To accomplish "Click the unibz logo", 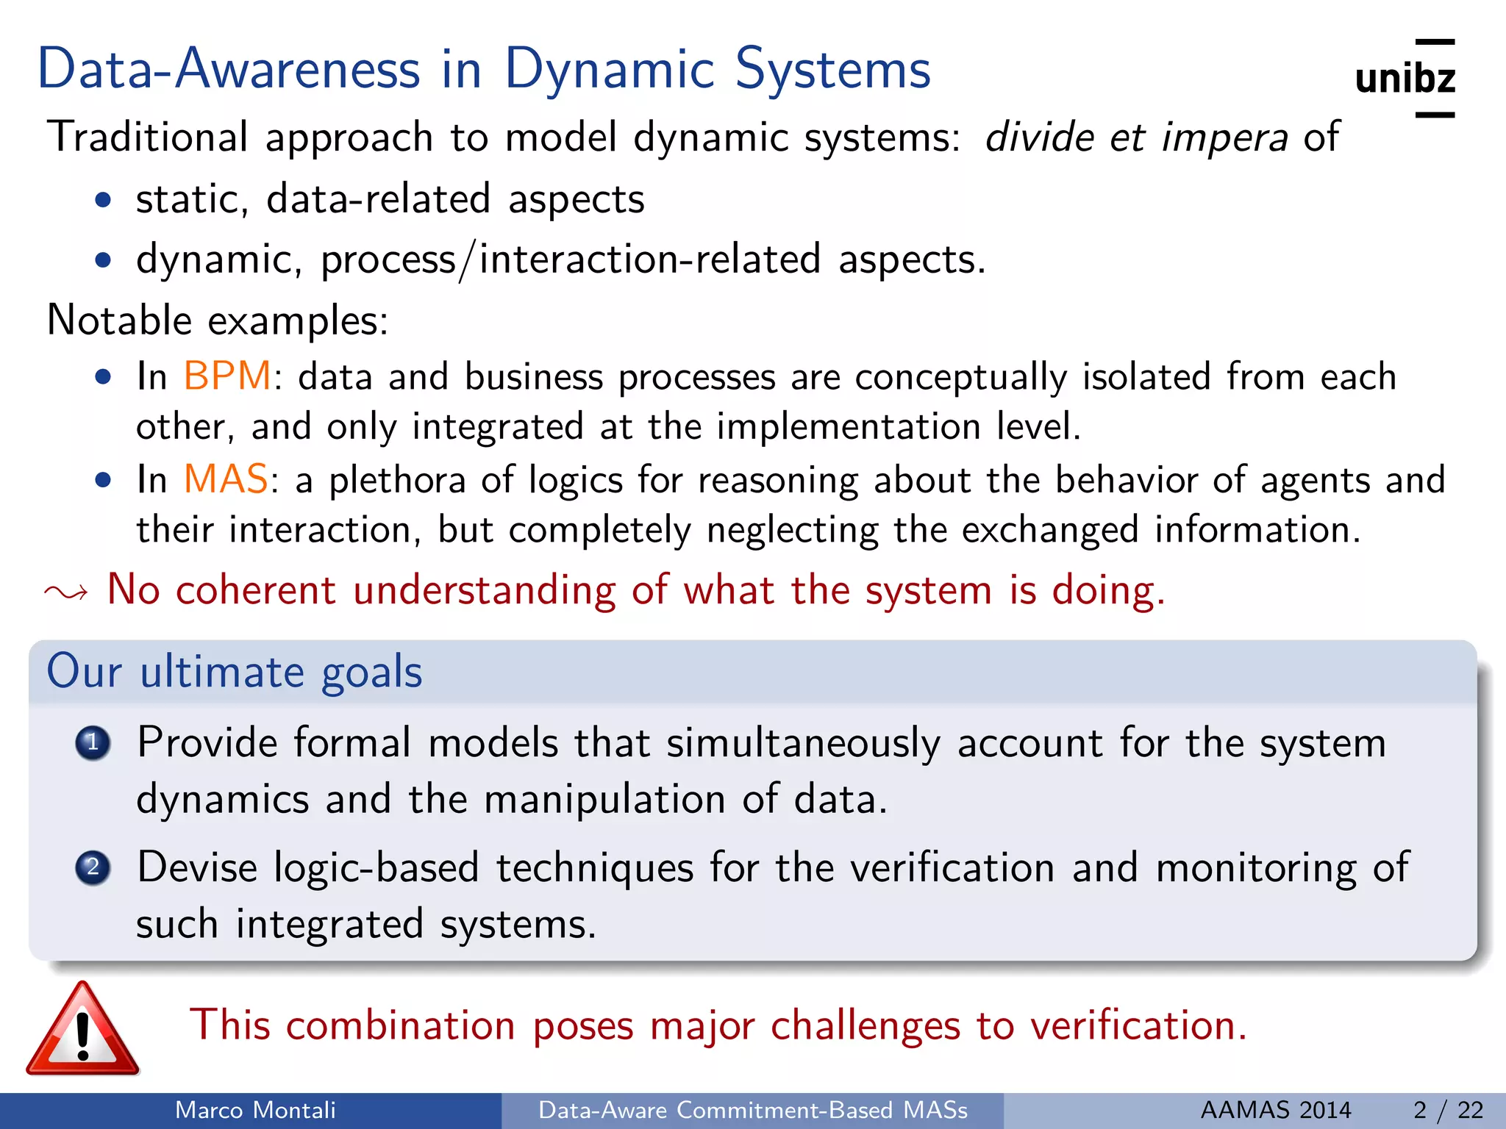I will (x=1405, y=79).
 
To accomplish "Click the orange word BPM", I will (x=227, y=376).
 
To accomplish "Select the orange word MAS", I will (x=226, y=479).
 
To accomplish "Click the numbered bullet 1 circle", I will (x=93, y=743).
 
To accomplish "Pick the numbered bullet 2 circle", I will (x=93, y=868).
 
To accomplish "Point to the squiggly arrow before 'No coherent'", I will (x=66, y=592).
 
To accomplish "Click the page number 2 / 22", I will (x=1448, y=1110).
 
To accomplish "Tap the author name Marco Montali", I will (x=255, y=1110).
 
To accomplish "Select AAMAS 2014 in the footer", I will (x=1276, y=1110).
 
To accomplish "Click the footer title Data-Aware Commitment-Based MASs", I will (x=753, y=1110).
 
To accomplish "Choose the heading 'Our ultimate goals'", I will (x=235, y=671).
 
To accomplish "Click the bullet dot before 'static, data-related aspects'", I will (x=104, y=200).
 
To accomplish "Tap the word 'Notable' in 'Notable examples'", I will (x=119, y=320).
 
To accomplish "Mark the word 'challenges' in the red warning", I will (x=866, y=1025).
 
